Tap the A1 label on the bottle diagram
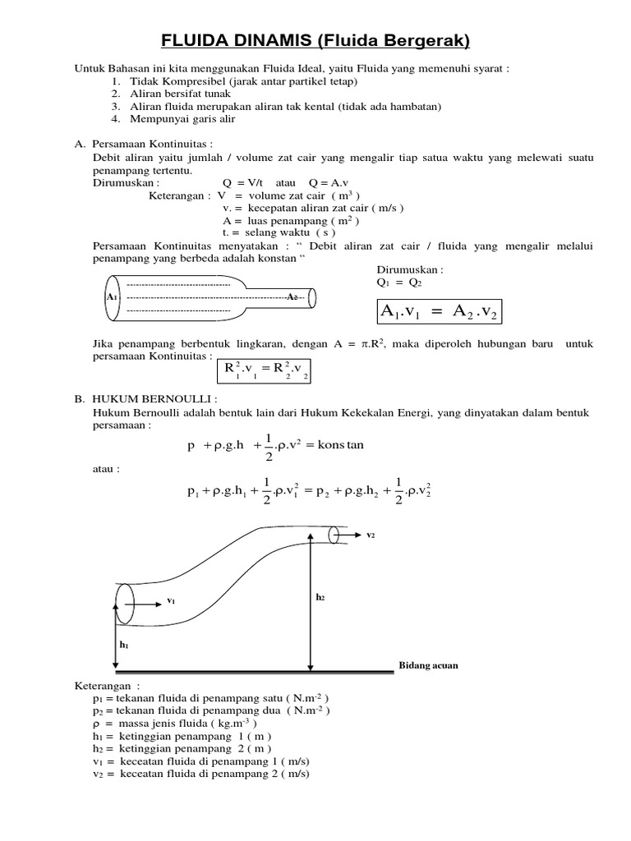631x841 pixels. pyautogui.click(x=113, y=296)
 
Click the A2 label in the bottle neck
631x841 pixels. pyautogui.click(x=292, y=296)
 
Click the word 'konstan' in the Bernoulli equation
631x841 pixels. pyautogui.click(x=339, y=445)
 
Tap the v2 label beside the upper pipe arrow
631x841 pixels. pyautogui.click(x=371, y=535)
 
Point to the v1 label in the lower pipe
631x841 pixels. pyautogui.click(x=171, y=600)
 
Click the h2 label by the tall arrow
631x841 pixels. pyautogui.click(x=320, y=598)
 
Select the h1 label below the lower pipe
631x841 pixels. pyautogui.click(x=124, y=646)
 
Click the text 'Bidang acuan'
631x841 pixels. pyautogui.click(x=428, y=665)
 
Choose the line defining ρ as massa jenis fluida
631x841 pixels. pyautogui.click(x=175, y=724)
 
